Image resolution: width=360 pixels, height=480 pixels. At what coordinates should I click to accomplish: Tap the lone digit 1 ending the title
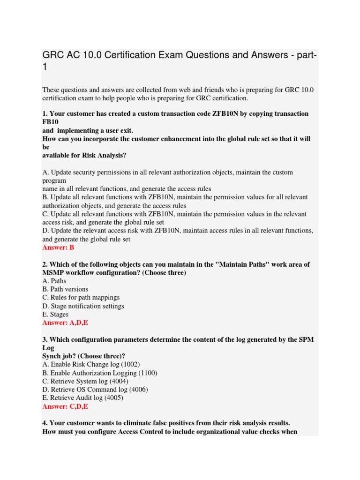(x=45, y=67)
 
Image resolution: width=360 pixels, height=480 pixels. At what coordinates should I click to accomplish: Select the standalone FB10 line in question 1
(x=50, y=122)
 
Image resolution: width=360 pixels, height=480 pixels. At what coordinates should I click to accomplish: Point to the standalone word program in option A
(x=54, y=180)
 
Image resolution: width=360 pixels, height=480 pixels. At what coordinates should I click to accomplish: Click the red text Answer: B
(x=58, y=247)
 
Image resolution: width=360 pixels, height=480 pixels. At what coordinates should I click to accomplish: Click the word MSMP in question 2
(x=52, y=273)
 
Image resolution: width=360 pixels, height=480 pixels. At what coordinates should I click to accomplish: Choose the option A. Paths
(x=54, y=281)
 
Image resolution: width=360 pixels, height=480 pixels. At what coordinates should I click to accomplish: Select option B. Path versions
(x=65, y=289)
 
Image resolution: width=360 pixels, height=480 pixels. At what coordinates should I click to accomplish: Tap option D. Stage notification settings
(x=83, y=306)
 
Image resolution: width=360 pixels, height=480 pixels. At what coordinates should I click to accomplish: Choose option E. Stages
(x=55, y=315)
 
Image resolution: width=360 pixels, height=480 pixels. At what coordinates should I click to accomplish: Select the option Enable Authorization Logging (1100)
(x=100, y=373)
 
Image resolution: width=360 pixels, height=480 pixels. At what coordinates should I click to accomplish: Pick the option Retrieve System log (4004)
(x=85, y=382)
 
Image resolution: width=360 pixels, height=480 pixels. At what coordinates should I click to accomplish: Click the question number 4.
(x=45, y=423)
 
